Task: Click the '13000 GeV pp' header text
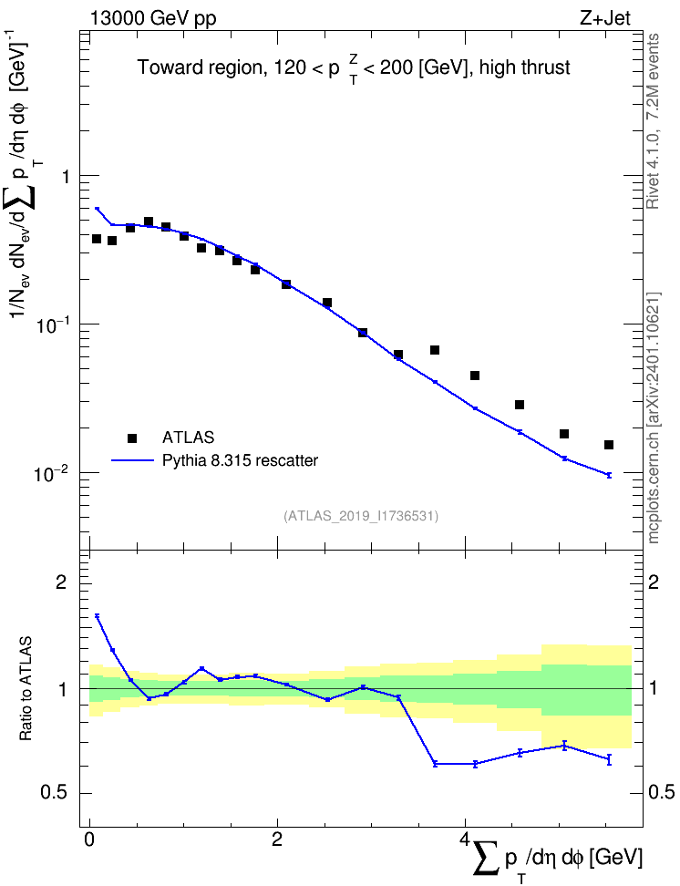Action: (152, 18)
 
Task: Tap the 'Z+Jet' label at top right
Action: (604, 18)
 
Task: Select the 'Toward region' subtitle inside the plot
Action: (200, 67)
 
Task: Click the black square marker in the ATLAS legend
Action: (132, 438)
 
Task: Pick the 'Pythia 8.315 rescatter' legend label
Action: (241, 460)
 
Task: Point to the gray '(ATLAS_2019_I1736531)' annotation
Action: (361, 516)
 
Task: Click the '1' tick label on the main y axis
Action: (65, 177)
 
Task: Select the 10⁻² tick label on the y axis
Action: (51, 472)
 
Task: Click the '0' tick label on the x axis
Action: (89, 839)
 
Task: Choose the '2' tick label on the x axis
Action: (277, 839)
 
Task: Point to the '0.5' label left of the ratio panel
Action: (56, 793)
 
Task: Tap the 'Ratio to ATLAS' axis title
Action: (26, 688)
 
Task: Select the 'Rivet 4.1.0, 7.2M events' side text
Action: (653, 121)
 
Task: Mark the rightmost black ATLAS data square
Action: (609, 445)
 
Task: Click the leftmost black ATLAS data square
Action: (97, 239)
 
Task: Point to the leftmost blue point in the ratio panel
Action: (98, 616)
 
